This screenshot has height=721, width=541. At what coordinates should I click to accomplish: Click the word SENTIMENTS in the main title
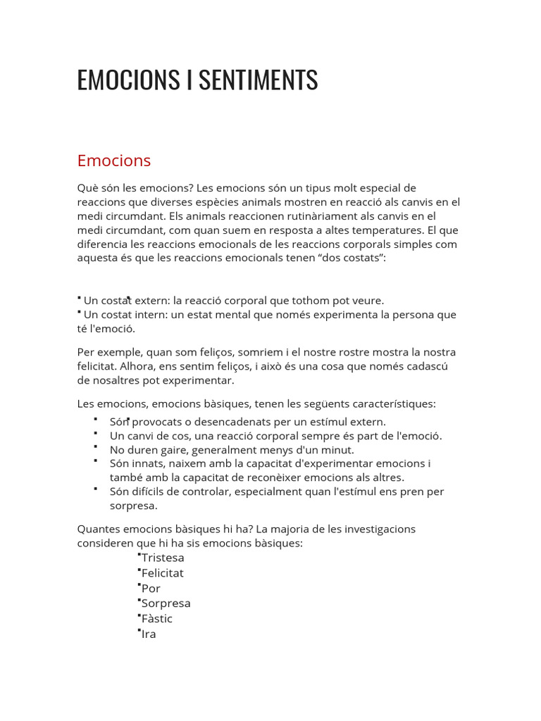pos(258,80)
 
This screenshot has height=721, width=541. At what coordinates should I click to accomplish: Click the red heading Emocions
pos(114,161)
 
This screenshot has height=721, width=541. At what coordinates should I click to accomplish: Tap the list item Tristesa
pos(163,558)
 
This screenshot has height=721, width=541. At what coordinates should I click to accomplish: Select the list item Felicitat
pos(162,573)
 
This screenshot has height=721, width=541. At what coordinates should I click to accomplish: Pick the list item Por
pos(151,589)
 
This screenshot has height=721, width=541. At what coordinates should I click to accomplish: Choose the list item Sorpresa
pos(166,603)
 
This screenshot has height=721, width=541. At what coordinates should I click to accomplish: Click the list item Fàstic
pos(157,619)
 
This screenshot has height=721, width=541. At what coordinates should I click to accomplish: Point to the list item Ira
pos(149,634)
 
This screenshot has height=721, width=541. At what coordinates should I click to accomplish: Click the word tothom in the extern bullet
pos(321,300)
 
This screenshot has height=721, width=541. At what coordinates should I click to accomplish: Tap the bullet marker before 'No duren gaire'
pos(94,446)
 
